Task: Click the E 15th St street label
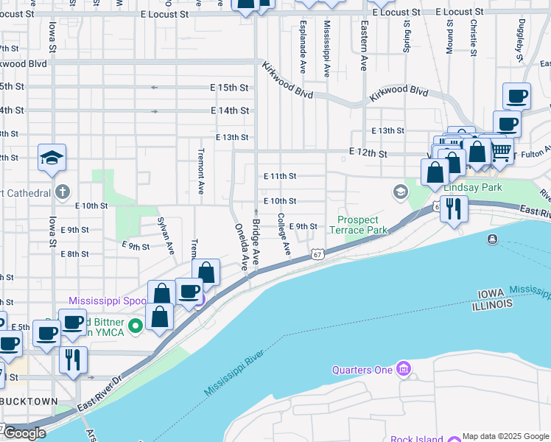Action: click(229, 88)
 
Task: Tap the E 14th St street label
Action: click(229, 110)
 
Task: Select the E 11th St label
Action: click(279, 177)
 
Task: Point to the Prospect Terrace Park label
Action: click(362, 225)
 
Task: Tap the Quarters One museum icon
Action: click(402, 368)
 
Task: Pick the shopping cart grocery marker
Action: click(501, 150)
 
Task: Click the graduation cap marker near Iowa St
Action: click(52, 158)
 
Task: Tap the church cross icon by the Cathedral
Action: click(63, 193)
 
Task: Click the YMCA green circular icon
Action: click(136, 325)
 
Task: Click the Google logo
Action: click(24, 434)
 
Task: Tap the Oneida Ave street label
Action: click(240, 245)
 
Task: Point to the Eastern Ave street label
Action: click(364, 46)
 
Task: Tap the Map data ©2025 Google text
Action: click(505, 436)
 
